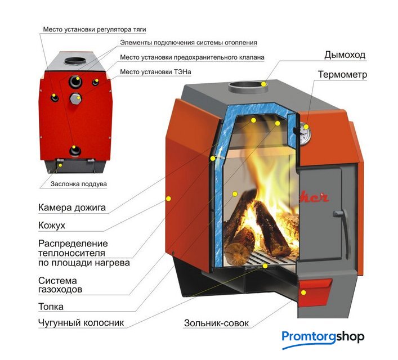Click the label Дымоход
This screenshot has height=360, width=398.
345,55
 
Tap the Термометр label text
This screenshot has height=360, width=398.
342,74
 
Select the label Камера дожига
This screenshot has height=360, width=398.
72,208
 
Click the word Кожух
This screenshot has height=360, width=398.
52,226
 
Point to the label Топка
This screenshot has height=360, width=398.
51,307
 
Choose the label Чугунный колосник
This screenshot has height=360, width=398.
81,323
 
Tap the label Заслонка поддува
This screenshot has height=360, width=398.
78,183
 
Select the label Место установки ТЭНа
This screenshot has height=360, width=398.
158,72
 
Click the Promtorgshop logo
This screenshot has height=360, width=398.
323,338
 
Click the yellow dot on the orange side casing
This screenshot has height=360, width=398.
168,198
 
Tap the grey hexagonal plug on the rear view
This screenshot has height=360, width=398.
75,100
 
